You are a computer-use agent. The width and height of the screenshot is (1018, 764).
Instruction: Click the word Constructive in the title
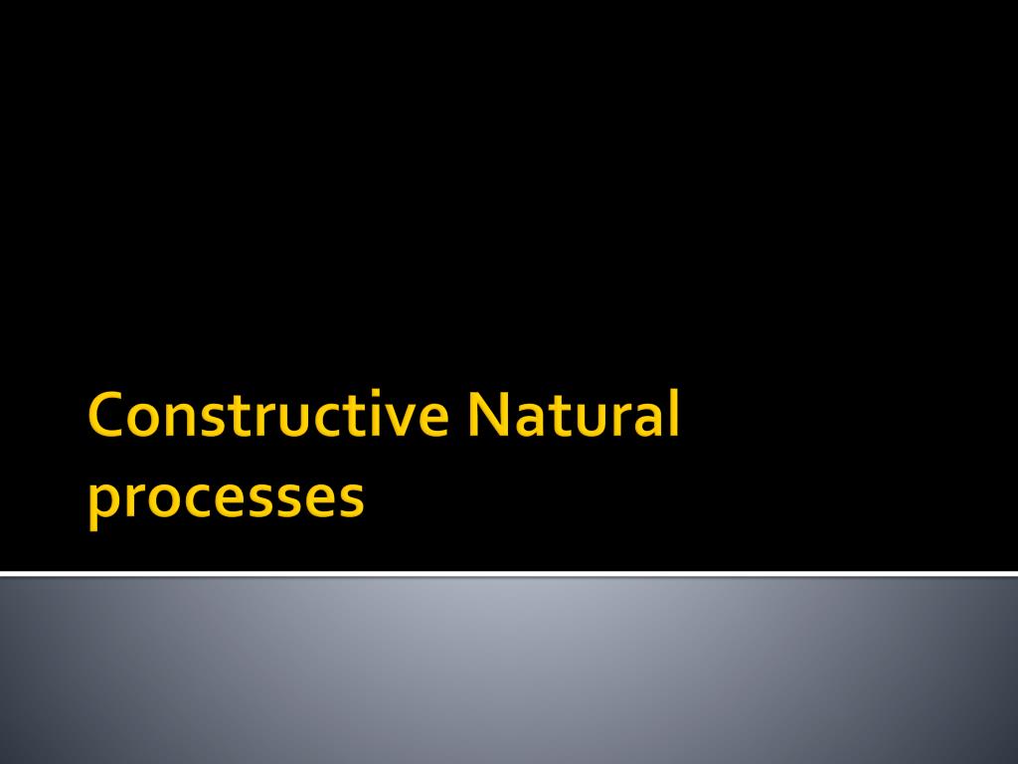pyautogui.click(x=267, y=417)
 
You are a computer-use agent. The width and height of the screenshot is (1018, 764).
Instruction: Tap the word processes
pyautogui.click(x=226, y=497)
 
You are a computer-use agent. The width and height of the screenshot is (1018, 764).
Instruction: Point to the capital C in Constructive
pyautogui.click(x=105, y=417)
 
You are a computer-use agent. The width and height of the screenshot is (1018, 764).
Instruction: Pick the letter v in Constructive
pyautogui.click(x=404, y=422)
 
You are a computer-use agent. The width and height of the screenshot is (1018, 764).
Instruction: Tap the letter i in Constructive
pyautogui.click(x=382, y=417)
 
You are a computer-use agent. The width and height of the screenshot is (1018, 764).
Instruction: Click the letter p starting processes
pyautogui.click(x=101, y=503)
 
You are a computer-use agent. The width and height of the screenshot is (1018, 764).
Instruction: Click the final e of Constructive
pyautogui.click(x=432, y=422)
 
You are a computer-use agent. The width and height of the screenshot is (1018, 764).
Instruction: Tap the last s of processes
pyautogui.click(x=350, y=498)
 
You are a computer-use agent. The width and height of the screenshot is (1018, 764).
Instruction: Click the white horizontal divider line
pyautogui.click(x=509, y=574)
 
